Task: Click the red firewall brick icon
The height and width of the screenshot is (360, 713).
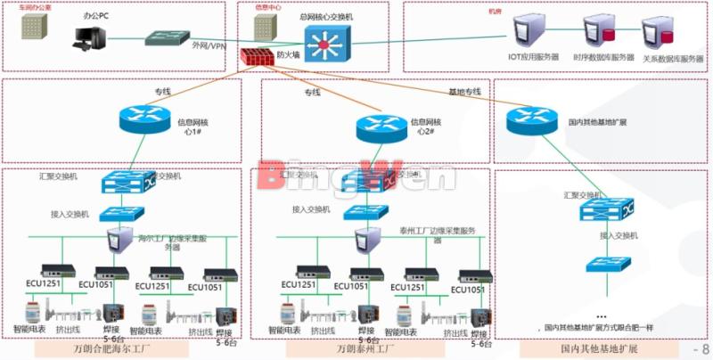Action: coord(257,55)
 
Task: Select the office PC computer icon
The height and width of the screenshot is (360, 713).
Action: coord(90,37)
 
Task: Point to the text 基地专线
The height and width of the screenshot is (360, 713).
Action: coord(463,92)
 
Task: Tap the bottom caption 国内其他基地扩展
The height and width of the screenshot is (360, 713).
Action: coord(599,348)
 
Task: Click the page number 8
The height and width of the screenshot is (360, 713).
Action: coord(706,349)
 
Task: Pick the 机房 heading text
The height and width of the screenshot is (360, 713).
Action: coord(495,12)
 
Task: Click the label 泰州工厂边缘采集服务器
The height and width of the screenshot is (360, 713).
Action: coord(435,233)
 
